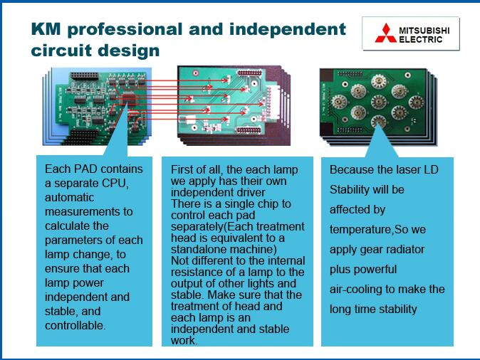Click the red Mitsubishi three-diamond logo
coord(385,33)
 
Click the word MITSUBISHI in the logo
coord(424,31)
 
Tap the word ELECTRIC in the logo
coord(421,39)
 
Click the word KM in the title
coord(46,29)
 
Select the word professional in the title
coord(125,30)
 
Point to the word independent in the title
coord(288,30)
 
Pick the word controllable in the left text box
coord(75,325)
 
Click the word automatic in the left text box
coord(69,197)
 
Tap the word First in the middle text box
coord(180,169)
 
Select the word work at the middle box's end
coord(184,340)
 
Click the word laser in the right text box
coord(404,169)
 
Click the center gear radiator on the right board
coord(379,102)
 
